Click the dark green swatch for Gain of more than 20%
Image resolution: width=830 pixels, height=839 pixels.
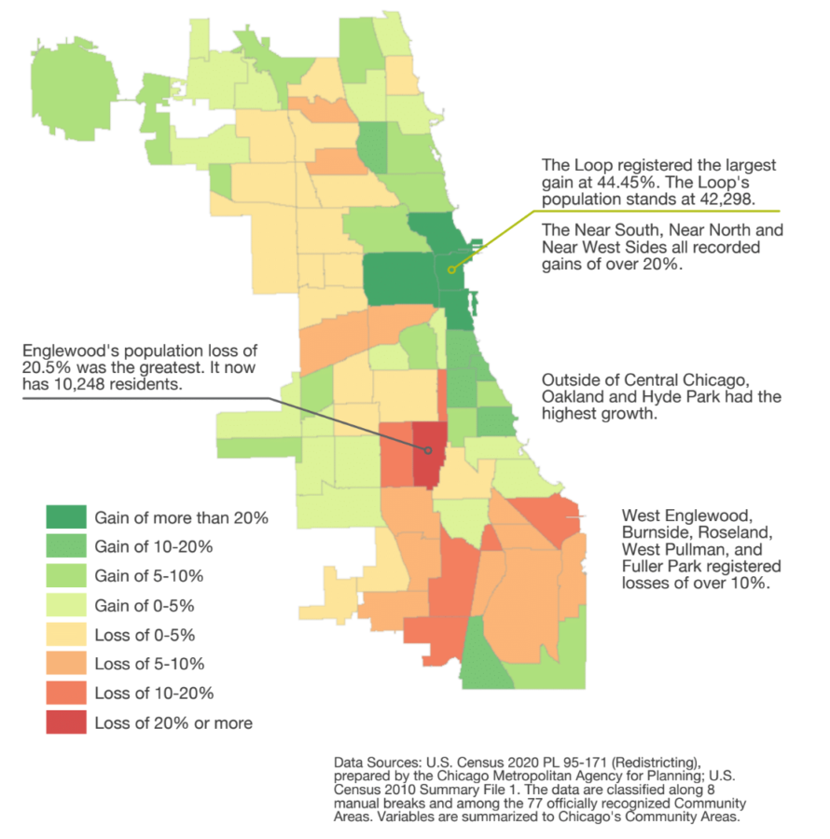pyautogui.click(x=66, y=517)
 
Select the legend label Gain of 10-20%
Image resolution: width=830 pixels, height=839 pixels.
pyautogui.click(x=154, y=546)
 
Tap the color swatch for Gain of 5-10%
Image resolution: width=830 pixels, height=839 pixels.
pyautogui.click(x=66, y=576)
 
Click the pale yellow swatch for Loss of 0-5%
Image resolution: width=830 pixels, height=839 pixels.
pyautogui.click(x=66, y=635)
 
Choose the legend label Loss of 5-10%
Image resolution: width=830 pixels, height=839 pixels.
pyautogui.click(x=149, y=664)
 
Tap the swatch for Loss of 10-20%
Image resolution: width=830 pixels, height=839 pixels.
pyautogui.click(x=66, y=694)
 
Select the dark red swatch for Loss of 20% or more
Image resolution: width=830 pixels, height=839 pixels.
pyautogui.click(x=66, y=722)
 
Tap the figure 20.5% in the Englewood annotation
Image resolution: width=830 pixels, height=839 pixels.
pyautogui.click(x=41, y=368)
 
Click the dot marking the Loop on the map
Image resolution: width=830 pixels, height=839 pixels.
pyautogui.click(x=449, y=270)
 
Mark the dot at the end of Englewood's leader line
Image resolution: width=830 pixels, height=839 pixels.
pyautogui.click(x=428, y=451)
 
